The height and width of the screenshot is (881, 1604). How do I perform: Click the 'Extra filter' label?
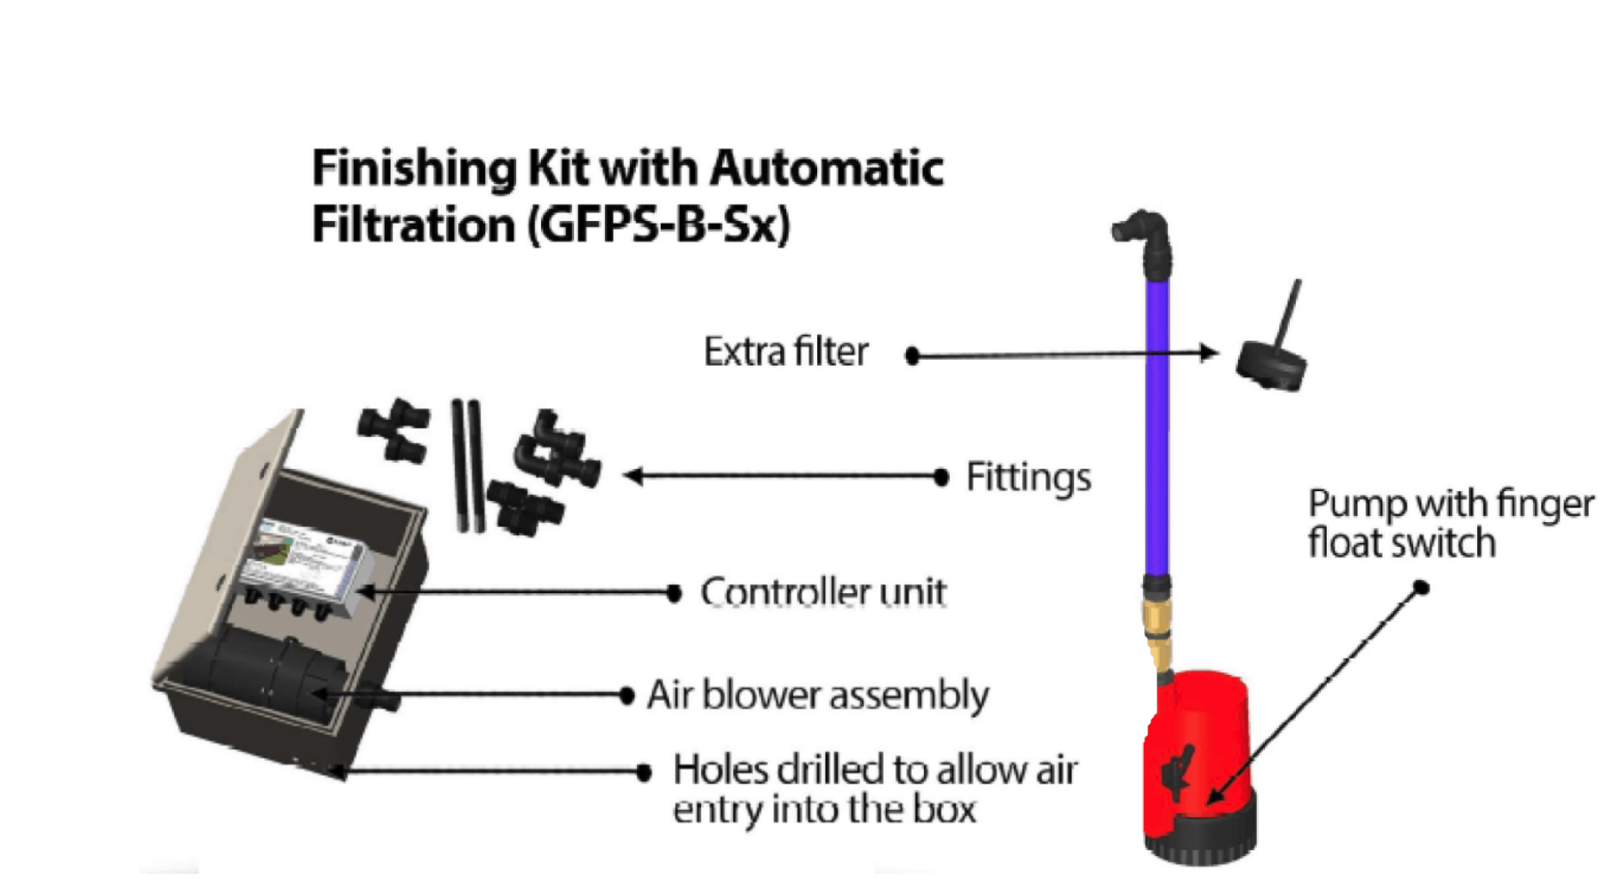(786, 353)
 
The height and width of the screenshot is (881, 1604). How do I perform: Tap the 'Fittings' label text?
(1028, 478)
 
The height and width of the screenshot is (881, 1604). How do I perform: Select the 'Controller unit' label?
(823, 592)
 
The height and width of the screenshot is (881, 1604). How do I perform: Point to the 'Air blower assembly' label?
(818, 695)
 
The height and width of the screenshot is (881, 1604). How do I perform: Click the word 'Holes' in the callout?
(720, 770)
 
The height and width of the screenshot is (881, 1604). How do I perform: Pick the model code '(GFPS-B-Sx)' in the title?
(658, 225)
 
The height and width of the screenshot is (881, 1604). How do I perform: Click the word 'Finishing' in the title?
(414, 169)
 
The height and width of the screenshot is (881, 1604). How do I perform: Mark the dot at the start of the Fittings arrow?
(941, 478)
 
